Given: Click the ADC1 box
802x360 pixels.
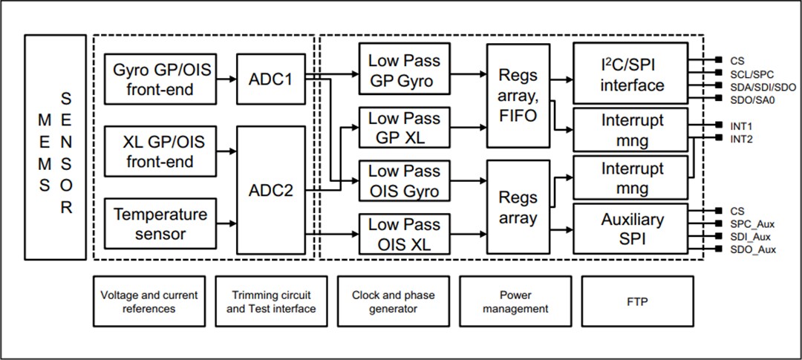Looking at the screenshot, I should [x=271, y=79].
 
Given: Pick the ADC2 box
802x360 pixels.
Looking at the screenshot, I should [x=271, y=190].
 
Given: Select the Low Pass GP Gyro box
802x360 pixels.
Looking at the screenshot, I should [x=404, y=70].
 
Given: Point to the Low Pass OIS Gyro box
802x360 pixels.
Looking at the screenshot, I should [x=404, y=180].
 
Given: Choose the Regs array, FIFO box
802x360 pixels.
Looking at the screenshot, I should [x=518, y=96].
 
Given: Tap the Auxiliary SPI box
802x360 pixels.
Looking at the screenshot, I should [x=631, y=230].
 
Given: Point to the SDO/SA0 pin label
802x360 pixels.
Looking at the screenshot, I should [x=744, y=99].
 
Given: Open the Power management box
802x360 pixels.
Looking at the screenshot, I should [x=514, y=301].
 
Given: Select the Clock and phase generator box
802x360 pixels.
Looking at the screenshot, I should [x=392, y=301].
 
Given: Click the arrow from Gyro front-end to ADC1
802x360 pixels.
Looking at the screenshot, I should [x=227, y=79].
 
